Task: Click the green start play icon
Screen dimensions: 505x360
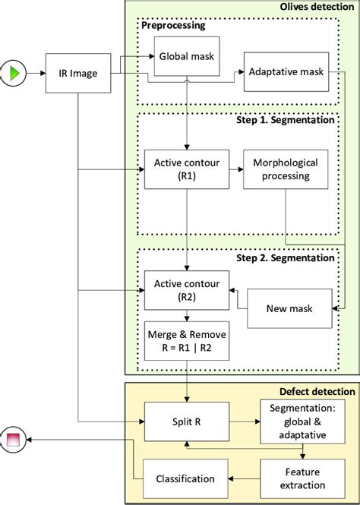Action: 15,74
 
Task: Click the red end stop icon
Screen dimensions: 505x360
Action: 15,438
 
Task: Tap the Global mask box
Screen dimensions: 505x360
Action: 186,58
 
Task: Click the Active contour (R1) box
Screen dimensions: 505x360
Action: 186,169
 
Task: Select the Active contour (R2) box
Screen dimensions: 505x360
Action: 186,291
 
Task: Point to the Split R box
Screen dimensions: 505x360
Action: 186,418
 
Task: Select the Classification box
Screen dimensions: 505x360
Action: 186,479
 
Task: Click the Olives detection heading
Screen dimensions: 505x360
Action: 318,7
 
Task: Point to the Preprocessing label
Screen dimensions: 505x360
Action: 173,24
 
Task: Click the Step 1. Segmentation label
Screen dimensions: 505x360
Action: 295,121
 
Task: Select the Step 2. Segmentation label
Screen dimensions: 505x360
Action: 295,257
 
